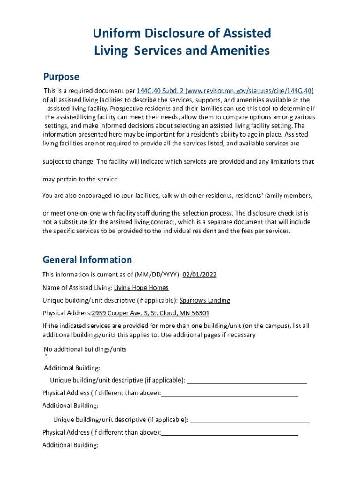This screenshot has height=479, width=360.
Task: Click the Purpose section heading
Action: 61,77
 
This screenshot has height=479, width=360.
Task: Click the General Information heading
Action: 87,260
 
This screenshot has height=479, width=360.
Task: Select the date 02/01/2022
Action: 199,275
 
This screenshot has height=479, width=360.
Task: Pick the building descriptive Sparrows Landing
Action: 205,300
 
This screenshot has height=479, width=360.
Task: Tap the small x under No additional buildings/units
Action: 46,356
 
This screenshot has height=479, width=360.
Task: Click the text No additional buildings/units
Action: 85,349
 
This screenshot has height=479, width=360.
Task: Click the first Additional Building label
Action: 72,368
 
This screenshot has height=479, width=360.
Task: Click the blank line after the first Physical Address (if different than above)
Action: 230,393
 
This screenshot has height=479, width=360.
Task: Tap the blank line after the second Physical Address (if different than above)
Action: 230,432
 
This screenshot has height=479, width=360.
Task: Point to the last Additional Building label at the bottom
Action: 70,445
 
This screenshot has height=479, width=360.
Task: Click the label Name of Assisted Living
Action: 77,288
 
